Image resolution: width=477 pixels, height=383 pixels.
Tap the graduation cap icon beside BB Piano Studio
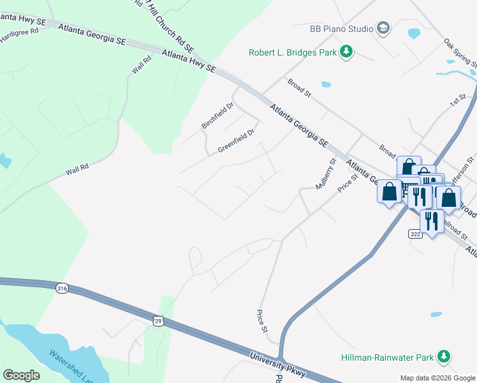point(383,27)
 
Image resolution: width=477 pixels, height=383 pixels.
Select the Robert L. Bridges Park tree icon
point(346,52)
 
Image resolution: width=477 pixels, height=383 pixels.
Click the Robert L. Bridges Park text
point(293,52)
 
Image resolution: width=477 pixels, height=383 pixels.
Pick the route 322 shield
point(415,234)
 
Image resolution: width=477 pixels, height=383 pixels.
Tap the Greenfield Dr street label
point(236,140)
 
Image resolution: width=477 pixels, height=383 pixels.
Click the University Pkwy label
point(278,366)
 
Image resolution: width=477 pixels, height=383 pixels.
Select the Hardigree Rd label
point(19,34)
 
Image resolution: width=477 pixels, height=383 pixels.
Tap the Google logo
point(21,375)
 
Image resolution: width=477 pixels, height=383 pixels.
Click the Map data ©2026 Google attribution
point(437,378)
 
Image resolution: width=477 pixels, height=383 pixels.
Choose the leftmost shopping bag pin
point(389,191)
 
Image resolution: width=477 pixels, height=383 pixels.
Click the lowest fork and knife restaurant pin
point(432,221)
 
